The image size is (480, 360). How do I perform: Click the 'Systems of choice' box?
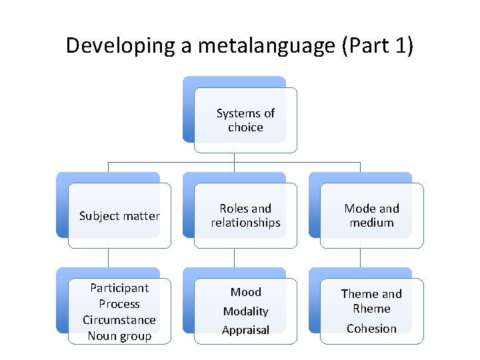coord(245,120)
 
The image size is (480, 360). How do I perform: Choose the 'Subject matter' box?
coord(119,215)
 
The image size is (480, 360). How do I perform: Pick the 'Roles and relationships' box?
coord(245,215)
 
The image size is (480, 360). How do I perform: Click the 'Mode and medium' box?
coord(371,215)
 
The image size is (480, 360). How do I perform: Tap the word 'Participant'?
coord(119,288)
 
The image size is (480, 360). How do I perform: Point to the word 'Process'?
coord(119,304)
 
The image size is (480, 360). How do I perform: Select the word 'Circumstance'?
coord(119,320)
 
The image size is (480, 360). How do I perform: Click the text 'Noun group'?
coord(119,336)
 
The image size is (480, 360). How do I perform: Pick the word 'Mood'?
coord(245,292)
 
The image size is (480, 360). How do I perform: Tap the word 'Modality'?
coord(245,311)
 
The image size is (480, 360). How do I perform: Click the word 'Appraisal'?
coord(245,330)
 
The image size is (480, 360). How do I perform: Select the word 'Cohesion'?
coord(371,329)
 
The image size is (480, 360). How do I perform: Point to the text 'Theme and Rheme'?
coord(371,301)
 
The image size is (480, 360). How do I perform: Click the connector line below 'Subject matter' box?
coord(108,258)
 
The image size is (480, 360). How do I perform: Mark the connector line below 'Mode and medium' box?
coord(360,258)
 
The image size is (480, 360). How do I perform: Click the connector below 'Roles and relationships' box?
coord(234,258)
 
